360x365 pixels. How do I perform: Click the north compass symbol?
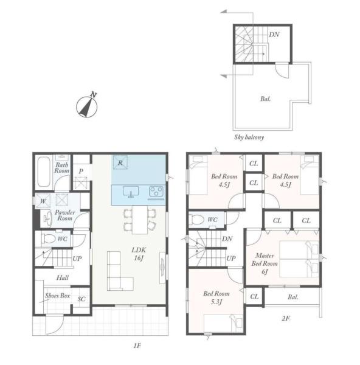(87, 106)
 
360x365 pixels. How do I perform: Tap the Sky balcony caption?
(249, 137)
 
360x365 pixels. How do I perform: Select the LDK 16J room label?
(139, 254)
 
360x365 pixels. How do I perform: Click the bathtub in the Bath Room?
(44, 172)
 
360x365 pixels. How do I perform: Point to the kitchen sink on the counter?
(131, 192)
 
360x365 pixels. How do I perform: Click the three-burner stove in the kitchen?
(156, 192)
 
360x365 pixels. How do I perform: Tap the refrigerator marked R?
(120, 162)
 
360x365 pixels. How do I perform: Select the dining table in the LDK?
(140, 220)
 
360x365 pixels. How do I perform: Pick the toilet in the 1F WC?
(48, 238)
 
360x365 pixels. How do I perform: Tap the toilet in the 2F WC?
(196, 219)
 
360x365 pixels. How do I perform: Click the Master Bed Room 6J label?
(265, 263)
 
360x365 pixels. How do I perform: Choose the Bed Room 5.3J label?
(216, 297)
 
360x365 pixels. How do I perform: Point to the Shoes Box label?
(58, 296)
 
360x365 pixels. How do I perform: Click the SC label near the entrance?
(81, 299)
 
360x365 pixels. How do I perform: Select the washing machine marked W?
(43, 201)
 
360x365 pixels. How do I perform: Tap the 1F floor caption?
(137, 346)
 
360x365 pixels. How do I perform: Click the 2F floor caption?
(286, 318)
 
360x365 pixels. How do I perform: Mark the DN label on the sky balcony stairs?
(274, 35)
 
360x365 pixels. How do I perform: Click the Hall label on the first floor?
(63, 277)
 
